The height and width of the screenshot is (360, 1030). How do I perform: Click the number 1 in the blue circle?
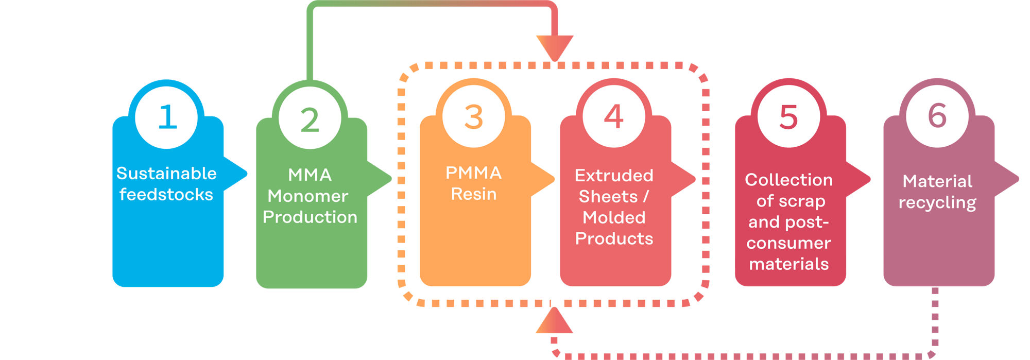pos(167,117)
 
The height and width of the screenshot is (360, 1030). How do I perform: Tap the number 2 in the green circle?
pos(310,121)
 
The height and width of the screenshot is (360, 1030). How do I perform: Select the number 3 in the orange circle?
pos(474,117)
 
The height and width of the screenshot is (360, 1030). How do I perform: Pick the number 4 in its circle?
pos(613,116)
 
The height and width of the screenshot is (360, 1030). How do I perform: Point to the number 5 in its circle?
pos(788,117)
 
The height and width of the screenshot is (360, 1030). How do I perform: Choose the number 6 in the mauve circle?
pos(937,115)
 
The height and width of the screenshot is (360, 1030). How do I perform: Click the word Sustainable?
pos(166,174)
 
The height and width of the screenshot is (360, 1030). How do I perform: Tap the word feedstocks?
pos(166,195)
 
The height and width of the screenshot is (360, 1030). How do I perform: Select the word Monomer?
pos(308,196)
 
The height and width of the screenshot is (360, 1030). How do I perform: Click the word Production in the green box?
pos(310,217)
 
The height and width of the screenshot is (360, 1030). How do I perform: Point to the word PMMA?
pos(473,173)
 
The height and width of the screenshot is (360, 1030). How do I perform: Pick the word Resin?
pos(474,194)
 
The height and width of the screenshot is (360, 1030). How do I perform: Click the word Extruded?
pos(614,176)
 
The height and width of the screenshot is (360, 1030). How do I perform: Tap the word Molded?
pos(614,218)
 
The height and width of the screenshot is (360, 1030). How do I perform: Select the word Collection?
pos(788,180)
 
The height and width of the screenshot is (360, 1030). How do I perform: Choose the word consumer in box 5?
pos(788,243)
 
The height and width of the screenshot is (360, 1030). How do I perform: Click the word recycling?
pos(937,203)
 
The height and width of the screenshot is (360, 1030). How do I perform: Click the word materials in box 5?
pos(788,264)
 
